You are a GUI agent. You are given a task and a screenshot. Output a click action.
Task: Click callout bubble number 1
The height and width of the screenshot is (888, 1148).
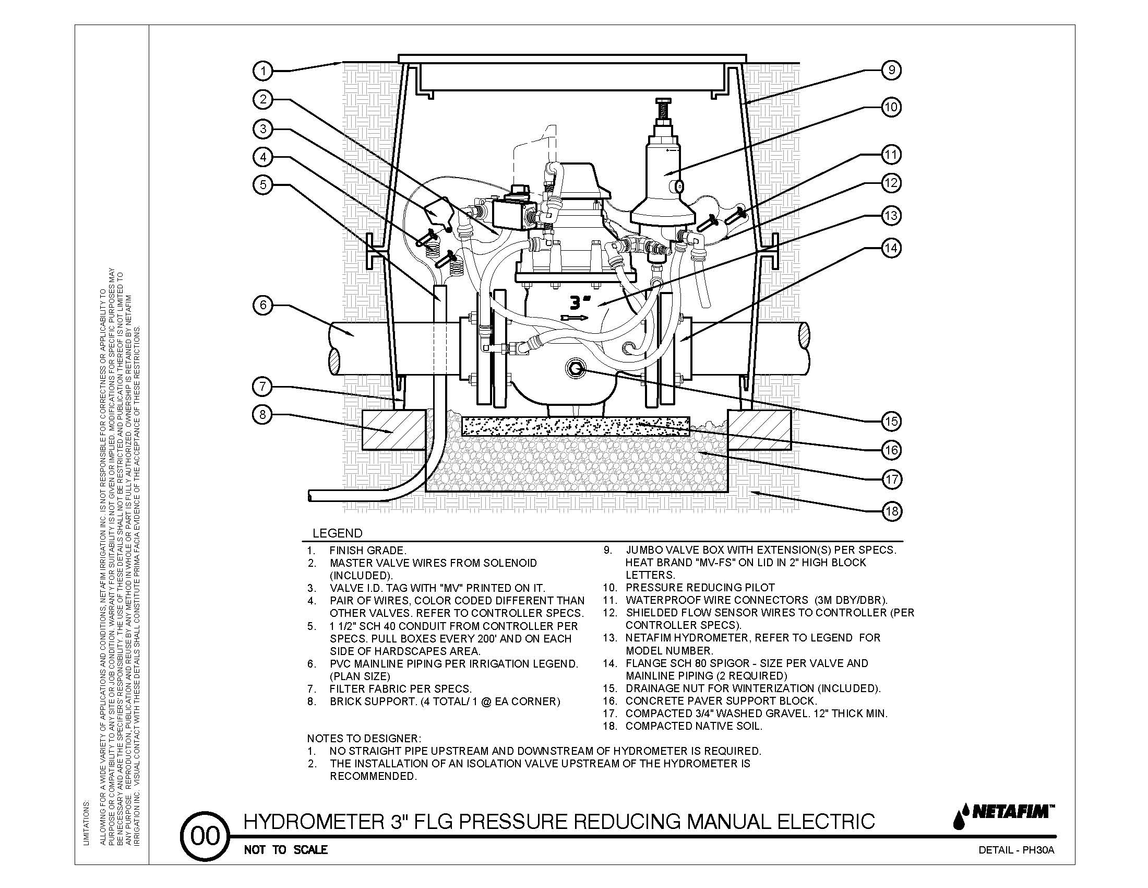click(x=263, y=71)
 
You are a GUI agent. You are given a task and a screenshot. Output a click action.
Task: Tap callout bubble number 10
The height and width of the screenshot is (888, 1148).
click(x=891, y=107)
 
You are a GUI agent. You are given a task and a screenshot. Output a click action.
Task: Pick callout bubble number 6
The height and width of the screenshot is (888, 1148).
click(x=263, y=306)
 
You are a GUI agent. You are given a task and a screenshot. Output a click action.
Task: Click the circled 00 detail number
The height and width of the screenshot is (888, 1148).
click(x=205, y=836)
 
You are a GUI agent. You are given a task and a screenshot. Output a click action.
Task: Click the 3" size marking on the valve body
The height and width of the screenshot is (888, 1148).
click(x=580, y=302)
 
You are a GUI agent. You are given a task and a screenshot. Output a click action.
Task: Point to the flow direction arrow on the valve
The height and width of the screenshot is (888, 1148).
click(x=575, y=318)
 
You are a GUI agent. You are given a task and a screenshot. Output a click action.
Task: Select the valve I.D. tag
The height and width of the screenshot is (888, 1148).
click(x=437, y=214)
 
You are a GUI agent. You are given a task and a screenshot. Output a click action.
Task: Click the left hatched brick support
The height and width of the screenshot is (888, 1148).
click(x=393, y=430)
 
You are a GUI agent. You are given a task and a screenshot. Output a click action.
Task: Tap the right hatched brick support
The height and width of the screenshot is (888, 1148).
click(x=759, y=430)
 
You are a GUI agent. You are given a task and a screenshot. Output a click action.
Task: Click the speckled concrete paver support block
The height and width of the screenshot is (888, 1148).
click(x=575, y=426)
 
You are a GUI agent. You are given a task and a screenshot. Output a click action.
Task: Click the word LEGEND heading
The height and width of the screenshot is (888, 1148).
click(x=338, y=533)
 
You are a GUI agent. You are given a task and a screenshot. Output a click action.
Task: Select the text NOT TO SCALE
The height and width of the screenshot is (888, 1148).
click(x=285, y=849)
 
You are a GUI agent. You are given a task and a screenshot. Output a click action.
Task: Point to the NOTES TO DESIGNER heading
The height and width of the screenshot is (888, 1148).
click(x=364, y=739)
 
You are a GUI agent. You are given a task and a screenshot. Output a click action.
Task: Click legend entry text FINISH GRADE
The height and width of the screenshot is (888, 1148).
click(x=367, y=551)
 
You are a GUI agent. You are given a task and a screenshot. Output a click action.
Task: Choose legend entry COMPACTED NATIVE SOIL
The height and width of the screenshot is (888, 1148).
click(x=693, y=726)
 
